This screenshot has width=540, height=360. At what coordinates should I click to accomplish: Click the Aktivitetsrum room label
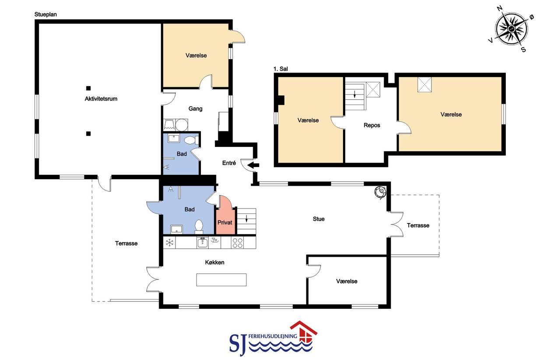click(101, 99)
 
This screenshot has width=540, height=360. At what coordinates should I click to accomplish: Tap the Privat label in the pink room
click(224, 222)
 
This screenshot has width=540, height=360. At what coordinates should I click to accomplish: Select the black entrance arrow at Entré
click(253, 165)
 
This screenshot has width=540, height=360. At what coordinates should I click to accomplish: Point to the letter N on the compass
click(500, 9)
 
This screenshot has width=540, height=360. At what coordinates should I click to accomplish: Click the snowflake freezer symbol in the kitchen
click(170, 243)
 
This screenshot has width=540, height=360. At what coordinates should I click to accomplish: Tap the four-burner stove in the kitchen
click(238, 243)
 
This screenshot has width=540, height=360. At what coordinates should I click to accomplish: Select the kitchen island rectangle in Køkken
click(221, 280)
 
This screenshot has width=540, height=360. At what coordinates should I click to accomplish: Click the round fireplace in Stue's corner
click(380, 192)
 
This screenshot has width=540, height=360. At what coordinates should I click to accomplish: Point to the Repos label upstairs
click(372, 125)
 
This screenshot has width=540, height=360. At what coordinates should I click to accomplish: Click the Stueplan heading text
click(46, 14)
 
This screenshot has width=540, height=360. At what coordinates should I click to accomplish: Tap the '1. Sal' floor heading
click(281, 69)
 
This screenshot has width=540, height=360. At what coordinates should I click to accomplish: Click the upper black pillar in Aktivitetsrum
click(88, 88)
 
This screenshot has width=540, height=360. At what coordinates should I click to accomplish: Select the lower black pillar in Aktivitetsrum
click(88, 133)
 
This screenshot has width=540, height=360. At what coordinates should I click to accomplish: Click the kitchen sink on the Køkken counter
click(203, 243)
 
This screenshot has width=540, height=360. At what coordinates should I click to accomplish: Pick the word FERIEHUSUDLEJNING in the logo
click(273, 336)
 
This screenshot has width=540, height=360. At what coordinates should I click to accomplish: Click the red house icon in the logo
click(304, 331)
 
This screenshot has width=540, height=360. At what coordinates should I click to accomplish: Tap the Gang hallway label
click(195, 108)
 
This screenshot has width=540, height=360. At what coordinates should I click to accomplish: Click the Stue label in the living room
click(319, 219)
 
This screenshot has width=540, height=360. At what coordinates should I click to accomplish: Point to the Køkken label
click(214, 262)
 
